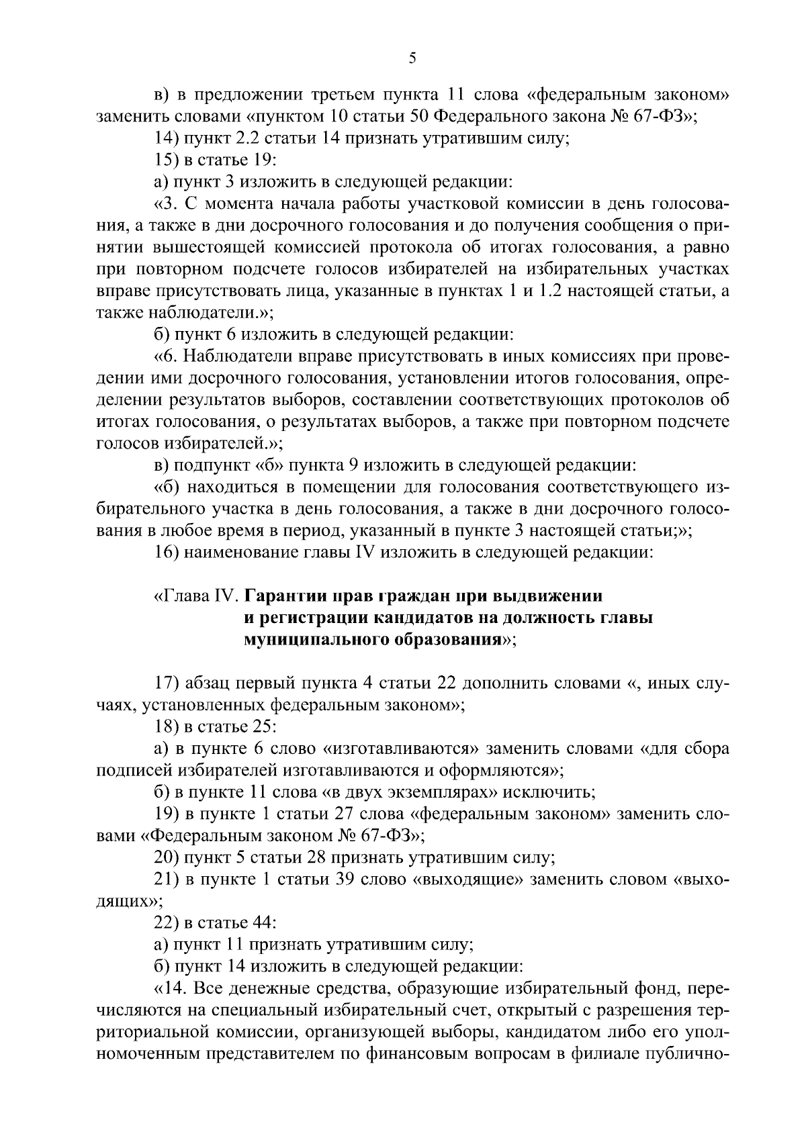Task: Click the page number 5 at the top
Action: click(x=412, y=58)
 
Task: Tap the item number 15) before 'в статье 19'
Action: click(x=165, y=160)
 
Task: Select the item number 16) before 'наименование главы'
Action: click(x=165, y=553)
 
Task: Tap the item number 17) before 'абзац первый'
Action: click(x=165, y=683)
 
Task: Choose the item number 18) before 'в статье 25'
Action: click(x=165, y=727)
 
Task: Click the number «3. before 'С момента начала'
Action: click(x=167, y=204)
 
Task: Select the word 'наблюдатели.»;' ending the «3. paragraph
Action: click(x=204, y=312)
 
